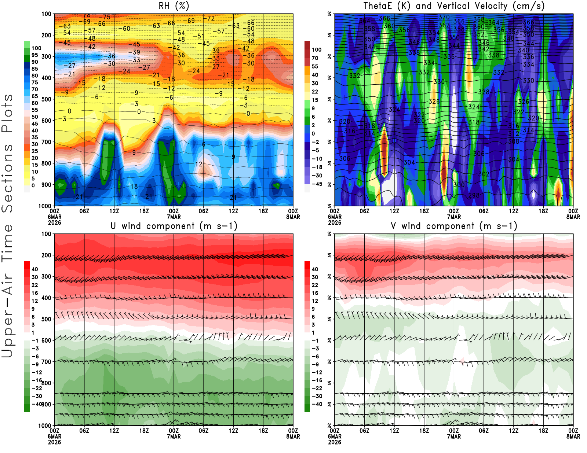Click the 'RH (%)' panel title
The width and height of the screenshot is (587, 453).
(174, 6)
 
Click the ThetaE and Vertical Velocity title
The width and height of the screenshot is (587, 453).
(454, 6)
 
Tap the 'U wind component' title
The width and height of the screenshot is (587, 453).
(174, 226)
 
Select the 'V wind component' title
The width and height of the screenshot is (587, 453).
(454, 226)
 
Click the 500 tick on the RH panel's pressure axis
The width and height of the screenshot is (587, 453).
(46, 99)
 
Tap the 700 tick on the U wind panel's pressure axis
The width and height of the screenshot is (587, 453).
(46, 362)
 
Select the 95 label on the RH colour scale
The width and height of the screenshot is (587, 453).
(35, 55)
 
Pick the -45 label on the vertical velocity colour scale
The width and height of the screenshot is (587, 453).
(317, 184)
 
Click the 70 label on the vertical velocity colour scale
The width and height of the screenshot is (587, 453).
(315, 58)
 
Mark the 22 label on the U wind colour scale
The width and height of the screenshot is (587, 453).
(35, 285)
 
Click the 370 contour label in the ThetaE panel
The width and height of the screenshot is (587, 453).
(444, 17)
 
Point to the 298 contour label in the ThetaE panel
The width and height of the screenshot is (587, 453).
(474, 195)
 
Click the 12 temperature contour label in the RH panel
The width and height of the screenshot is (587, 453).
(199, 164)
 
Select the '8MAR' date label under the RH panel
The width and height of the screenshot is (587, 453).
(293, 217)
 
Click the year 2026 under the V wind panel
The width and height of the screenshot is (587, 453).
(335, 442)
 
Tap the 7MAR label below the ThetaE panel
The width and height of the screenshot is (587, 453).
(454, 217)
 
